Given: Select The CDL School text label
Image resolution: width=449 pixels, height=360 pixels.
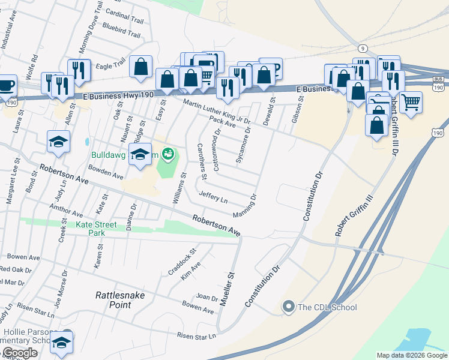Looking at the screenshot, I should coord(328,308).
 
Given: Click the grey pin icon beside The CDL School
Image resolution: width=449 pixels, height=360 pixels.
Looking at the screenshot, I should coord(289,308).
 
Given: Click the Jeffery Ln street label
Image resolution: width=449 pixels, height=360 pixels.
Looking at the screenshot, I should coord(214,197).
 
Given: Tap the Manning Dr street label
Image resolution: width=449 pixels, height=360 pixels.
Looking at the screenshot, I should coord(246,206).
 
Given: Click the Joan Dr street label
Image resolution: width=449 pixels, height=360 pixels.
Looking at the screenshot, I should coord(206,297).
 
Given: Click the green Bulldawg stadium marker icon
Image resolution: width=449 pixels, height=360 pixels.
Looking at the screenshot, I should coord(168,154).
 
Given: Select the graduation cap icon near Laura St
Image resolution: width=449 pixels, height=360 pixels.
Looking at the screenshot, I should coord(59,142).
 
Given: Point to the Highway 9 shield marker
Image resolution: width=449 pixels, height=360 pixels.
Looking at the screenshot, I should coord(362,47).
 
